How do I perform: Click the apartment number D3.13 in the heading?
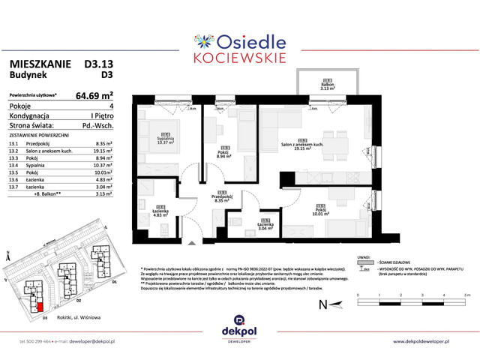click(x=94, y=64)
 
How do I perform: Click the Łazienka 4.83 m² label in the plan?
click(x=160, y=213)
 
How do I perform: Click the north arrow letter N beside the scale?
click(x=322, y=305)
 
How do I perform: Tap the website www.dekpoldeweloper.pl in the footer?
click(x=430, y=342)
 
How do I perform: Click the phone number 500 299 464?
click(x=34, y=342)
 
